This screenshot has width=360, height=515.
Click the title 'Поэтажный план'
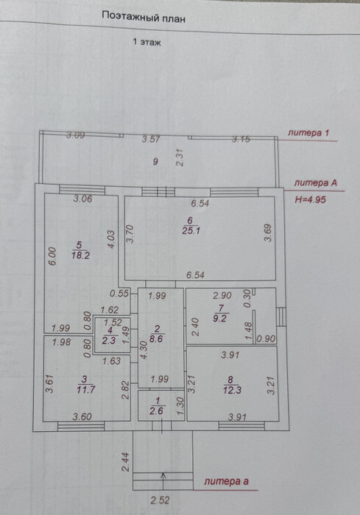[x=144, y=17]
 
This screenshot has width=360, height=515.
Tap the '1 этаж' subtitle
[x=147, y=42]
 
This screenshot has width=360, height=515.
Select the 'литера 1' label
[x=308, y=133]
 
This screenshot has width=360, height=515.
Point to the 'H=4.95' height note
[x=311, y=199]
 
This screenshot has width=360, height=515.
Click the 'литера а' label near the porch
[x=226, y=481]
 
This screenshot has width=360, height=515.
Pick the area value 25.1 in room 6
[x=191, y=230]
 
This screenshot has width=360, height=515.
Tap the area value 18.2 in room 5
[x=80, y=255]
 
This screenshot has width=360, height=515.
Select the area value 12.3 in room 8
[x=232, y=390]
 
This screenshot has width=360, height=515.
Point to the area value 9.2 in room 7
[x=219, y=319]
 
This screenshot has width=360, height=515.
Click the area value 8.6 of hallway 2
[x=156, y=338]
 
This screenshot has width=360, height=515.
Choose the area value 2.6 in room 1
[x=157, y=411]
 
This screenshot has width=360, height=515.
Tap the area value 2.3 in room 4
[x=108, y=341]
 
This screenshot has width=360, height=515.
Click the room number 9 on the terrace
[x=155, y=162]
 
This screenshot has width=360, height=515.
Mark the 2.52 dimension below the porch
[x=160, y=500]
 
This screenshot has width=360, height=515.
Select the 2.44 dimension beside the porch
[x=126, y=462]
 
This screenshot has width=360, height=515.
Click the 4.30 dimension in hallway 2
[x=144, y=350]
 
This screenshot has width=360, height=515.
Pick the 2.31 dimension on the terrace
[x=180, y=157]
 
